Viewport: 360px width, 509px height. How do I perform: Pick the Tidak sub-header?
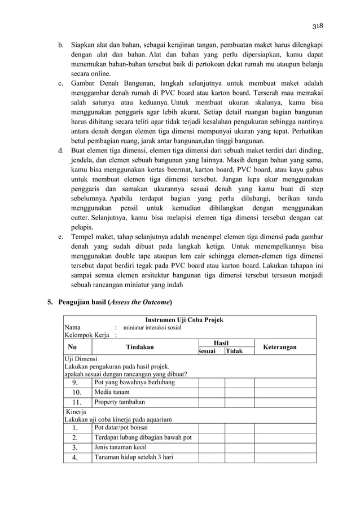click(234, 351)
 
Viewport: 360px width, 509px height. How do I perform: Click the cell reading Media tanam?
click(112, 392)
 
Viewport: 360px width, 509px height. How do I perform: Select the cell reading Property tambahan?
click(120, 402)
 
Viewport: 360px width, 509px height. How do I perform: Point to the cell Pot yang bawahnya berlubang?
click(134, 382)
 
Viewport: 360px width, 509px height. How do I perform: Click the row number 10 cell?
click(77, 392)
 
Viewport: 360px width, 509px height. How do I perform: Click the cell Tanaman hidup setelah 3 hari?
click(133, 457)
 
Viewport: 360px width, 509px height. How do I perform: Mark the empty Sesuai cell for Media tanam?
click(211, 392)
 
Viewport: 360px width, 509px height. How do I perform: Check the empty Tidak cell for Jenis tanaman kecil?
click(239, 447)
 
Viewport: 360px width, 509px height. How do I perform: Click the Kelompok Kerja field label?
click(86, 335)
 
